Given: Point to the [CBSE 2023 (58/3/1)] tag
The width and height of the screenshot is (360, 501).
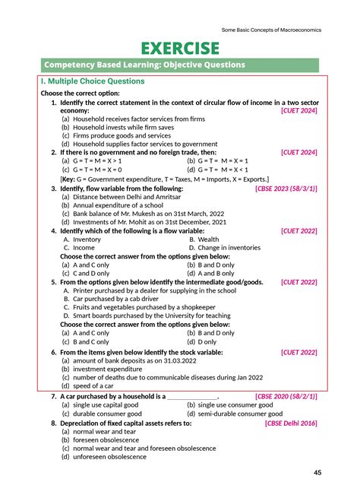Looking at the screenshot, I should [286, 188].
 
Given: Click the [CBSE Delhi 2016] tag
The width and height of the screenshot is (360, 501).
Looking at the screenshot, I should [291, 423].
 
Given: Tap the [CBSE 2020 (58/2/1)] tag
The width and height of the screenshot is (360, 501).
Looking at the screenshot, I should [286, 396].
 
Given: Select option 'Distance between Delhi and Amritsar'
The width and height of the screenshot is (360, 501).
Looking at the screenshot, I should [122, 196].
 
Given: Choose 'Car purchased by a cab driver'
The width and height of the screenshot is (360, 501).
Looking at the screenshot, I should [112, 299].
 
